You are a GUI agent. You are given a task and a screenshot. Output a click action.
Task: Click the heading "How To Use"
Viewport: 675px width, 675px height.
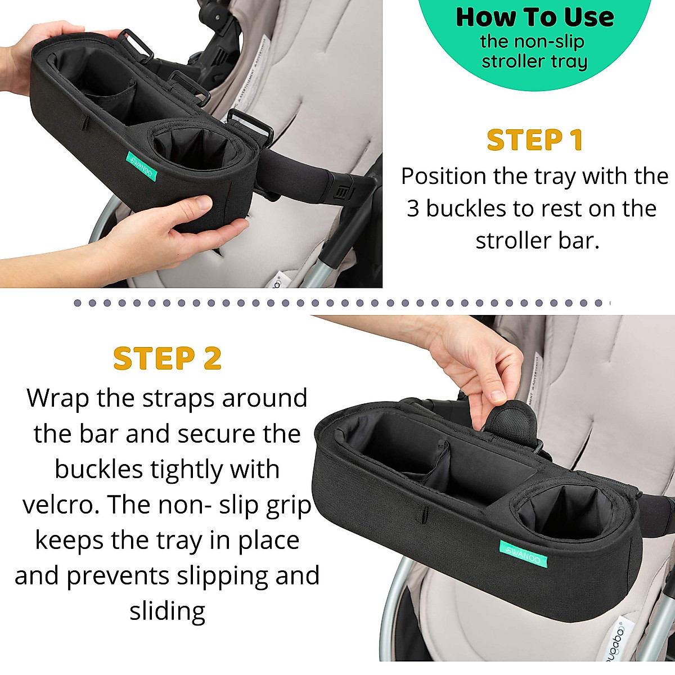click(x=534, y=17)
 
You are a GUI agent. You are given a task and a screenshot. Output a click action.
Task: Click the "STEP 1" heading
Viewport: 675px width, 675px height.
click(x=534, y=140)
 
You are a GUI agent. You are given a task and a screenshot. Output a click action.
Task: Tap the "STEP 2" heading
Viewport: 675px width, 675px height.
click(x=167, y=359)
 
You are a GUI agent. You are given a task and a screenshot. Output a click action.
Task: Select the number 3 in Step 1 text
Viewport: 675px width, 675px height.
click(x=413, y=209)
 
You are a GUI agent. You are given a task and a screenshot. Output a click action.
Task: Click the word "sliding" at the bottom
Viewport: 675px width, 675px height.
click(x=167, y=611)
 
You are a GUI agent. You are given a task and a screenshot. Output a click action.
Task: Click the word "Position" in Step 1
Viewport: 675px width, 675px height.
click(x=443, y=177)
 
